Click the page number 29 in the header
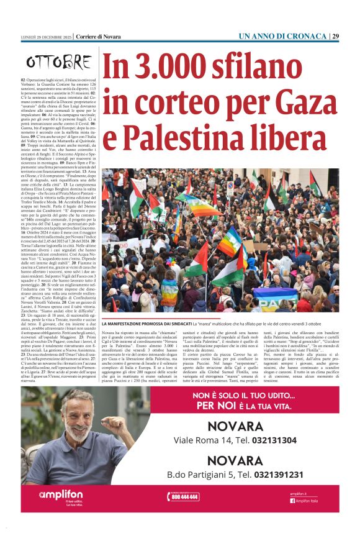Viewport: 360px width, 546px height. click(x=335, y=37)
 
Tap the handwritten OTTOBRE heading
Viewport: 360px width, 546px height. click(x=58, y=63)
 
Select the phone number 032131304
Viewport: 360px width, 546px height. click(x=271, y=440)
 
